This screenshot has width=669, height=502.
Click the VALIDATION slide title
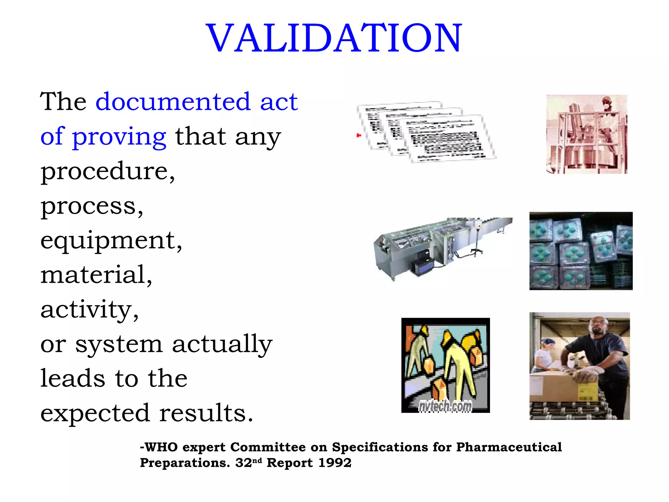[334, 38]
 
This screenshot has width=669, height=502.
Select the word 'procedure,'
[108, 172]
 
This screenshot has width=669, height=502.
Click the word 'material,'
[96, 275]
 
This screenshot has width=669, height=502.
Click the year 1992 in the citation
[334, 463]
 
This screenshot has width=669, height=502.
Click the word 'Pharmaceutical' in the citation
[509, 447]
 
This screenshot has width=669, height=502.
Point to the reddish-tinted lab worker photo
[587, 134]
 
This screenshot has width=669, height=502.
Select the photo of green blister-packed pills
[581, 251]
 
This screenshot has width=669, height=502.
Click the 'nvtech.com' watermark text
[445, 406]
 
